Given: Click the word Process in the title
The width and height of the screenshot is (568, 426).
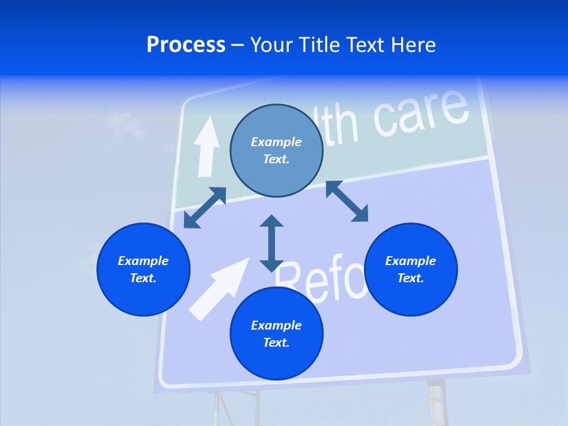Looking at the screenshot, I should click(186, 45).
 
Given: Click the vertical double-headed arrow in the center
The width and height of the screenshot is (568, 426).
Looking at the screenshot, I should click(272, 243).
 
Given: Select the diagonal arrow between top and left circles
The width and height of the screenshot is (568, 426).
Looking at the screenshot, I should click(205, 208).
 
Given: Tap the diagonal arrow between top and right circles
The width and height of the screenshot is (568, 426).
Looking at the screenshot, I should click(347, 201).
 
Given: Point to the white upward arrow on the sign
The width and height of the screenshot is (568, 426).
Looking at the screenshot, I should click(206, 146).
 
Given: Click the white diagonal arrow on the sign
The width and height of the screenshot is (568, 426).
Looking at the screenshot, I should click(219, 288).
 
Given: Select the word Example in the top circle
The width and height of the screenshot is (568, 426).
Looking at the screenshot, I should click(276, 142).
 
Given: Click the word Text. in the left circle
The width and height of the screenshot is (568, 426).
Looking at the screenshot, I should click(143, 278).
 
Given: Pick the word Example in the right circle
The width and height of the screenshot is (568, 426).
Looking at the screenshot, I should click(411, 261).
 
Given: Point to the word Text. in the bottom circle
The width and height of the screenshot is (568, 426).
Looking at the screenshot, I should click(276, 343).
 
